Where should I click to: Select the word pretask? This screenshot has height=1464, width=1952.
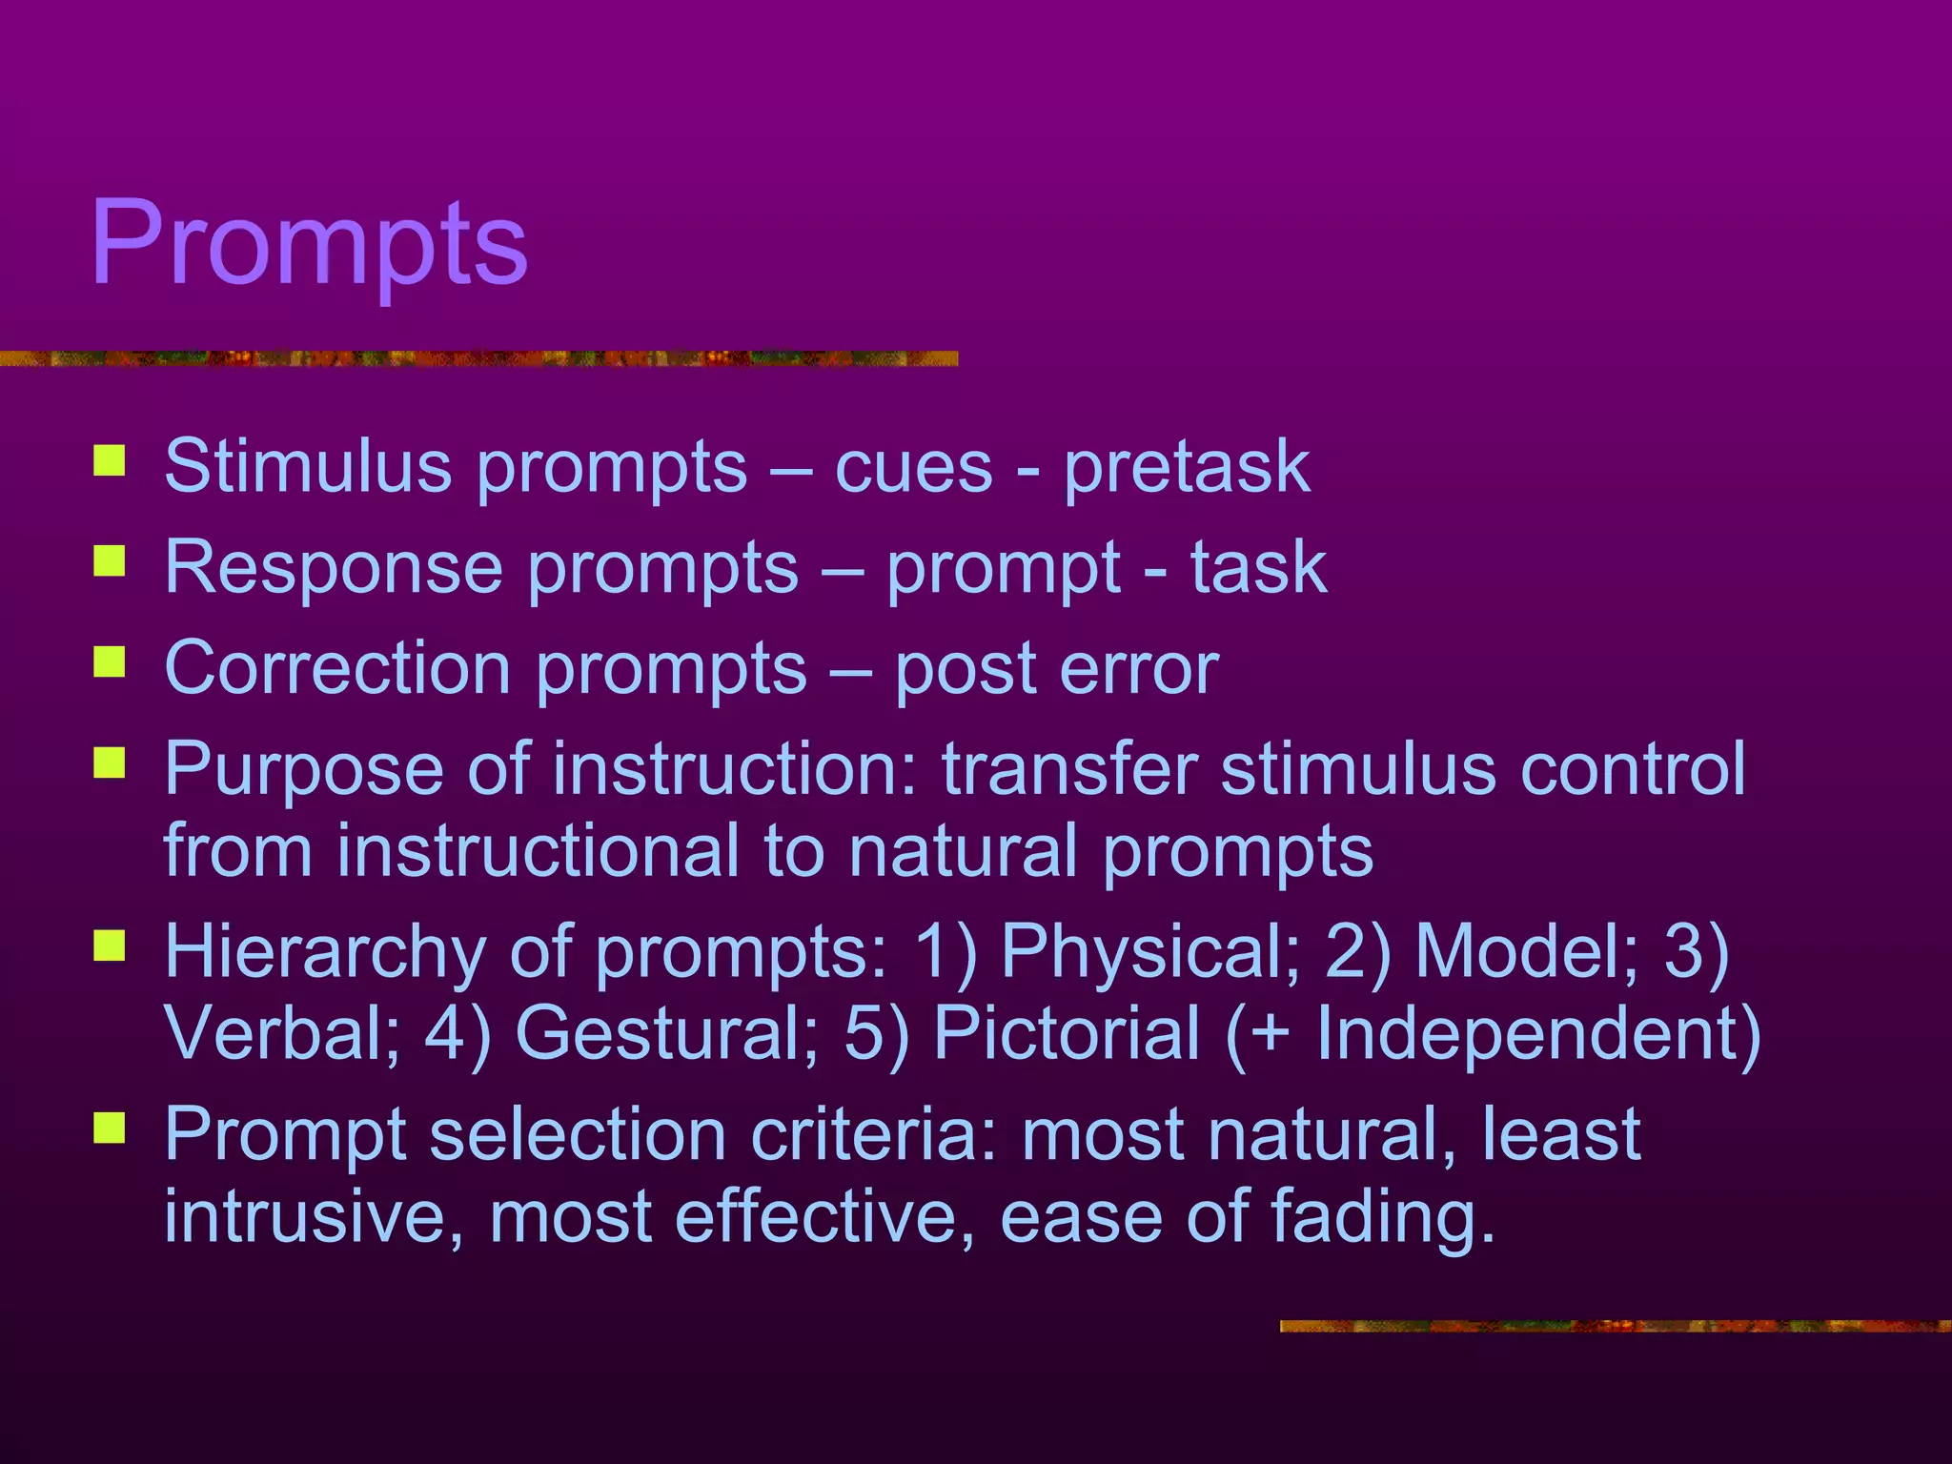click(x=1187, y=468)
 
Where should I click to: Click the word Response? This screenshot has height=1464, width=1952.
click(x=333, y=567)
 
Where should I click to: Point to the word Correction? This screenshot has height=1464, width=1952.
click(x=337, y=668)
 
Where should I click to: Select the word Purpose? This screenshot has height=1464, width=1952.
click(x=303, y=770)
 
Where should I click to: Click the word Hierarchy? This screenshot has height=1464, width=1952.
click(x=324, y=951)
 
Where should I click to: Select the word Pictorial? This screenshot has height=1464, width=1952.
click(x=1067, y=1033)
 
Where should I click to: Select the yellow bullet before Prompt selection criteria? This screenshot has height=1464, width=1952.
click(x=110, y=1128)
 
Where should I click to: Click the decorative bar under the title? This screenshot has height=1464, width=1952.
click(x=477, y=358)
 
